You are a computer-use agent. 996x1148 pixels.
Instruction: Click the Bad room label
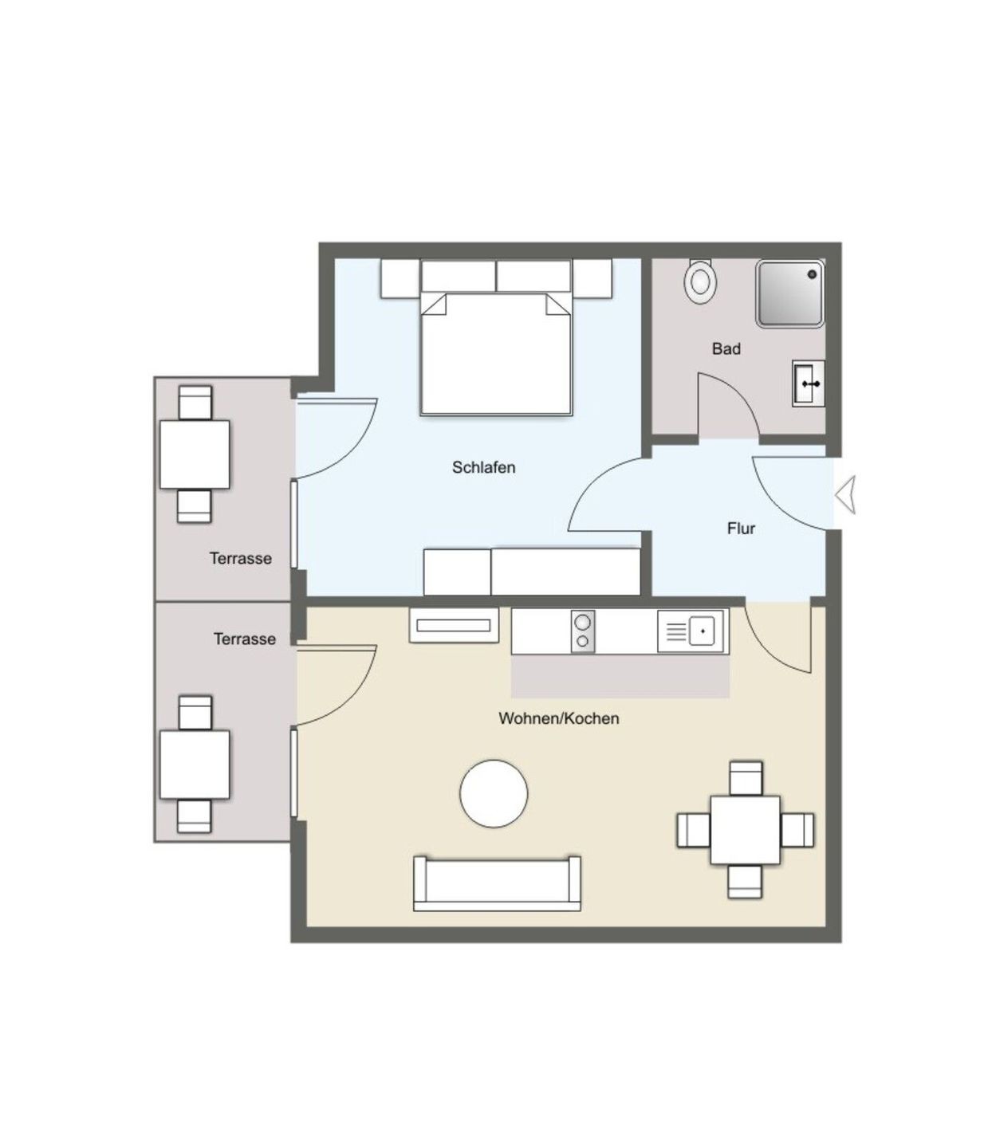coord(726,348)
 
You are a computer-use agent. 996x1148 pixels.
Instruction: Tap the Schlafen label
coord(483,467)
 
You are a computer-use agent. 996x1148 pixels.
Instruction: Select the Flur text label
coord(741,528)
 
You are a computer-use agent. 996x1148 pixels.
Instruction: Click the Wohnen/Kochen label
coord(558,717)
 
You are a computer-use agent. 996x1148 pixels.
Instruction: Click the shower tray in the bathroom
coord(789,293)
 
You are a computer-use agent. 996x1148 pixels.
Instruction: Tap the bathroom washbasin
coord(808,383)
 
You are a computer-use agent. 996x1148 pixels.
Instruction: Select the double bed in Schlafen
coord(495,353)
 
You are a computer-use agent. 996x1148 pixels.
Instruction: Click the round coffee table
coord(494,792)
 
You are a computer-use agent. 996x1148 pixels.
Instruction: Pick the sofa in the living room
coord(497,883)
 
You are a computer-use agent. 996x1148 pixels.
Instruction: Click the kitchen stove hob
coord(582,631)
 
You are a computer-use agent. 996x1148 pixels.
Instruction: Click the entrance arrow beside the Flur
coord(845,495)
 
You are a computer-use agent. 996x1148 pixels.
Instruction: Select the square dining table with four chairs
coord(745,830)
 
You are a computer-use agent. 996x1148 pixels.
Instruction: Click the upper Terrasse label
coord(240,558)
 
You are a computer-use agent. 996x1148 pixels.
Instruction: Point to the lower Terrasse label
coord(244,639)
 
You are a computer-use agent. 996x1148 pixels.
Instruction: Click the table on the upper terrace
coord(194,454)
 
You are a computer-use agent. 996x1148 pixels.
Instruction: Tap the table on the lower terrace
coord(194,765)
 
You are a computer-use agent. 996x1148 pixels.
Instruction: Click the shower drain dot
coord(812,273)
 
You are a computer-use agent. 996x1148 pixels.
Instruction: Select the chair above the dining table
coord(745,778)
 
